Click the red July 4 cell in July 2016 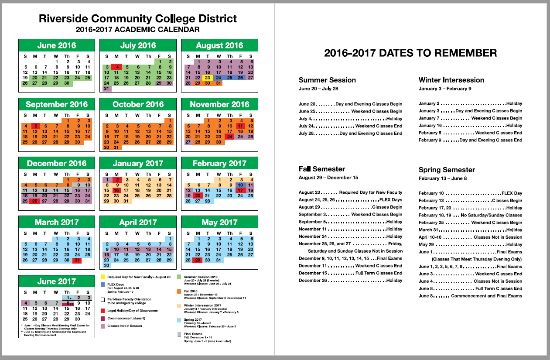pyautogui.click(x=117, y=67)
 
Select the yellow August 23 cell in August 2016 pyautogui.click(x=208, y=78)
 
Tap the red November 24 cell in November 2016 pyautogui.click(x=229, y=137)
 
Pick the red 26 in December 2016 pyautogui.click(x=35, y=201)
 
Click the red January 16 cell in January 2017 pyautogui.click(x=116, y=190)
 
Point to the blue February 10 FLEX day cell pyautogui.click(x=240, y=185)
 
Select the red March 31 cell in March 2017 pyautogui.click(x=77, y=260)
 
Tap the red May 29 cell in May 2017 pyautogui.click(x=198, y=260)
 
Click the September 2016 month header pyautogui.click(x=57, y=104)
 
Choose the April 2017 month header pyautogui.click(x=138, y=222)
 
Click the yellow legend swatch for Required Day pyautogui.click(x=102, y=277)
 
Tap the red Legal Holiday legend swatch pyautogui.click(x=102, y=311)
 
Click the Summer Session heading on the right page pyautogui.click(x=327, y=80)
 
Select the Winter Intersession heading pyautogui.click(x=451, y=80)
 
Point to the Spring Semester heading pyautogui.click(x=447, y=170)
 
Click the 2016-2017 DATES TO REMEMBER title pyautogui.click(x=410, y=53)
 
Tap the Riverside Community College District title pyautogui.click(x=138, y=19)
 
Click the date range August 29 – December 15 pyautogui.click(x=328, y=178)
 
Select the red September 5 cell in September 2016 pyautogui.click(x=35, y=126)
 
